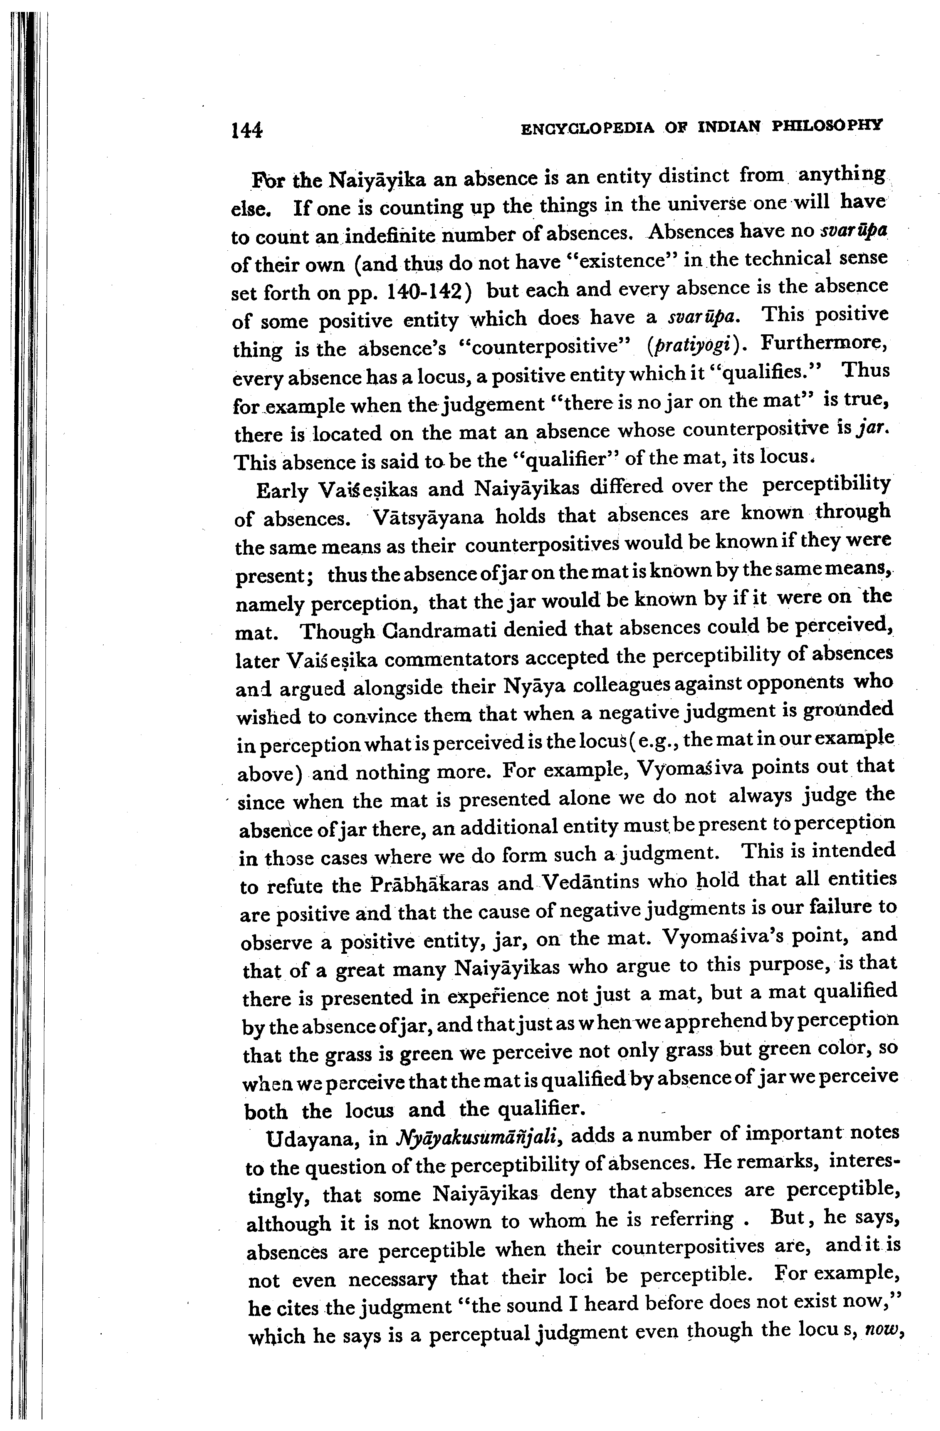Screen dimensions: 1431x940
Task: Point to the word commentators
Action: (x=452, y=659)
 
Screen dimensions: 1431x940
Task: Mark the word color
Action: (x=840, y=1048)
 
